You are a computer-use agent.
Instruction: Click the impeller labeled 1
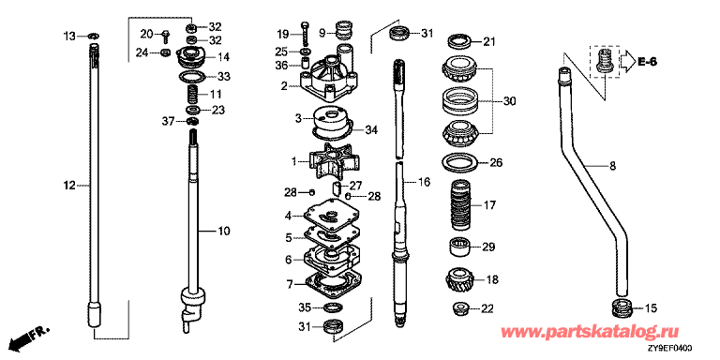tap(334, 160)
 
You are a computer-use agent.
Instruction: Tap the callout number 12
tap(69, 186)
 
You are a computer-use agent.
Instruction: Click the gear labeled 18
tap(459, 279)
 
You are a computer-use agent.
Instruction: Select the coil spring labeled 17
tap(459, 205)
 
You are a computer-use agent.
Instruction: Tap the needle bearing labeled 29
tap(459, 247)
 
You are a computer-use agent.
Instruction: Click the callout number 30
tap(510, 100)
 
